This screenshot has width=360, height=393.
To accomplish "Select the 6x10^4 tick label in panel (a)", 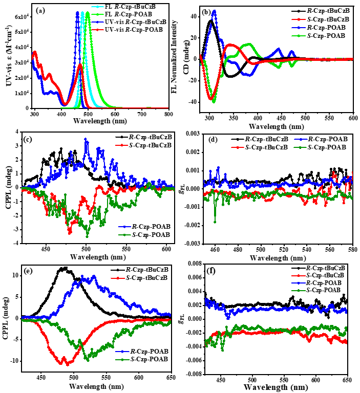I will [20, 17].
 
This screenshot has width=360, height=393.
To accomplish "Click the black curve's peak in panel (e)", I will [63, 268].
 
